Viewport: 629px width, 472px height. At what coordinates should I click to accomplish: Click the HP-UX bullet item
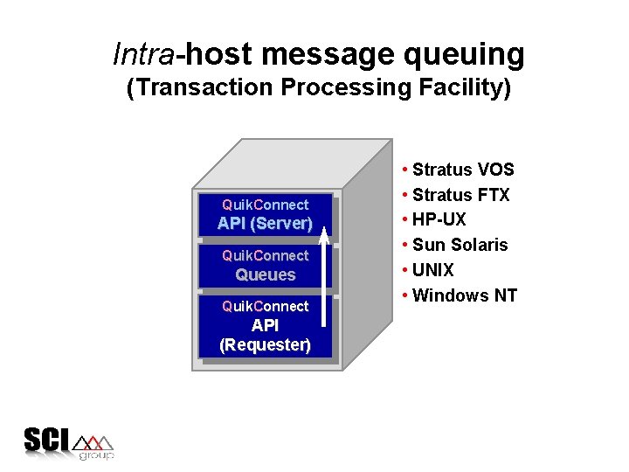(439, 219)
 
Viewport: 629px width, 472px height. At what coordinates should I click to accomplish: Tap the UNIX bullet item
(432, 270)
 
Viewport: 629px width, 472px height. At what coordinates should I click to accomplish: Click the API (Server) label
(265, 224)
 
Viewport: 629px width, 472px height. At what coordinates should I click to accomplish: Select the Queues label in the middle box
(265, 274)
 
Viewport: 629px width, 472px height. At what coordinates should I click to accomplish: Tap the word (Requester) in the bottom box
(265, 344)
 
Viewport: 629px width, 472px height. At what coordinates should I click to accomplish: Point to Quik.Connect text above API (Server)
(265, 205)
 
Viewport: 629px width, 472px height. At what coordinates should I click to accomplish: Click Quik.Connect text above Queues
(265, 255)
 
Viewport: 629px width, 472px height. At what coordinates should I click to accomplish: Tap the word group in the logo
(96, 455)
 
